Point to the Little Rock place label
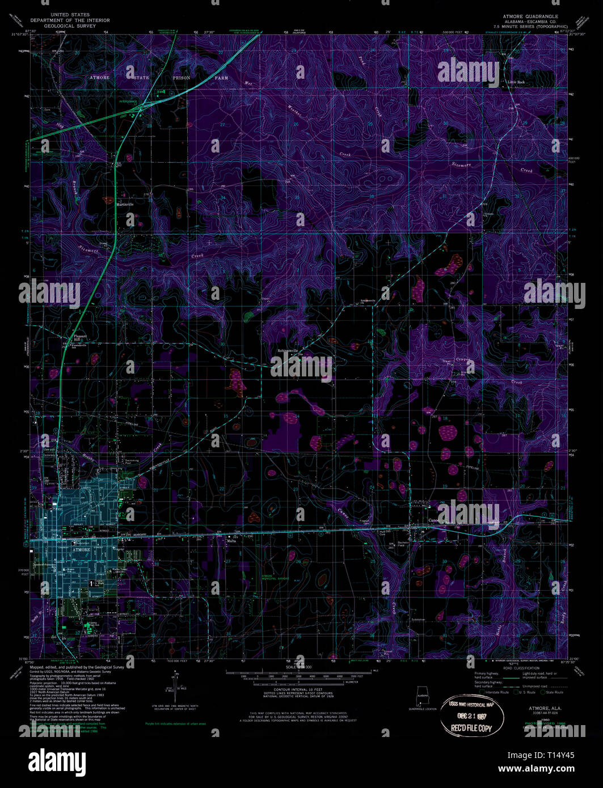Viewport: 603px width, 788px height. tap(516, 82)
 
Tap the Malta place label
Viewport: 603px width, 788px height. tap(231, 541)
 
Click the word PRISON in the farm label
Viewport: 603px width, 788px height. tap(182, 77)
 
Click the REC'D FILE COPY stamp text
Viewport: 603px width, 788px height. tap(467, 727)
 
